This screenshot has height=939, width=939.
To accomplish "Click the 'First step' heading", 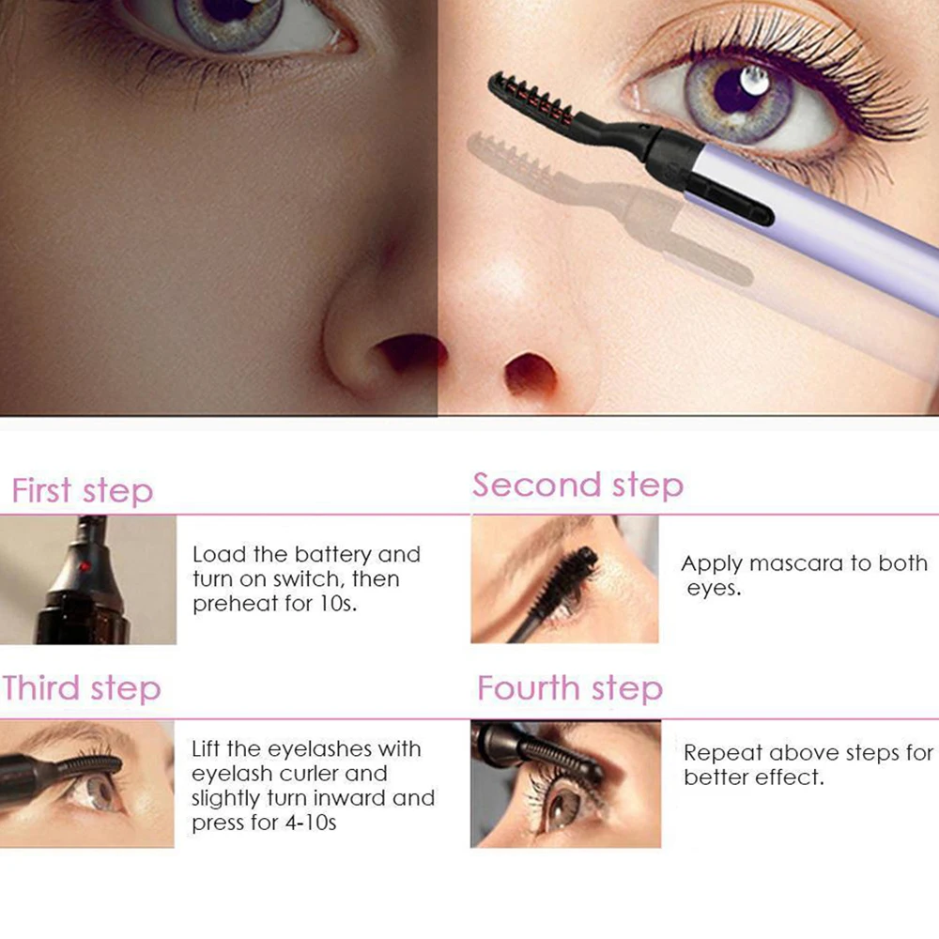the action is (83, 491).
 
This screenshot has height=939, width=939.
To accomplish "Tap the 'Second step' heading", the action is (577, 485).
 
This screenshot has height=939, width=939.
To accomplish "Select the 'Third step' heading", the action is (82, 688).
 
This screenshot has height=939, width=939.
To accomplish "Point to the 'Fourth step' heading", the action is (570, 688).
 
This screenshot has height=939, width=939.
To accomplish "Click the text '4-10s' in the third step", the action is (310, 823).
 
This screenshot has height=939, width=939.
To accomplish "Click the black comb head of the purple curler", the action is (531, 102).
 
